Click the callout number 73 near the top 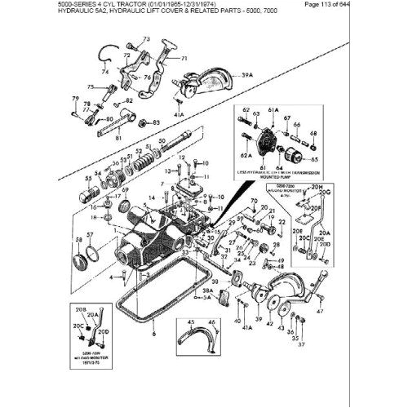(146, 39)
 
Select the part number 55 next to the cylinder (88, 177)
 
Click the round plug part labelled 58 (82, 262)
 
